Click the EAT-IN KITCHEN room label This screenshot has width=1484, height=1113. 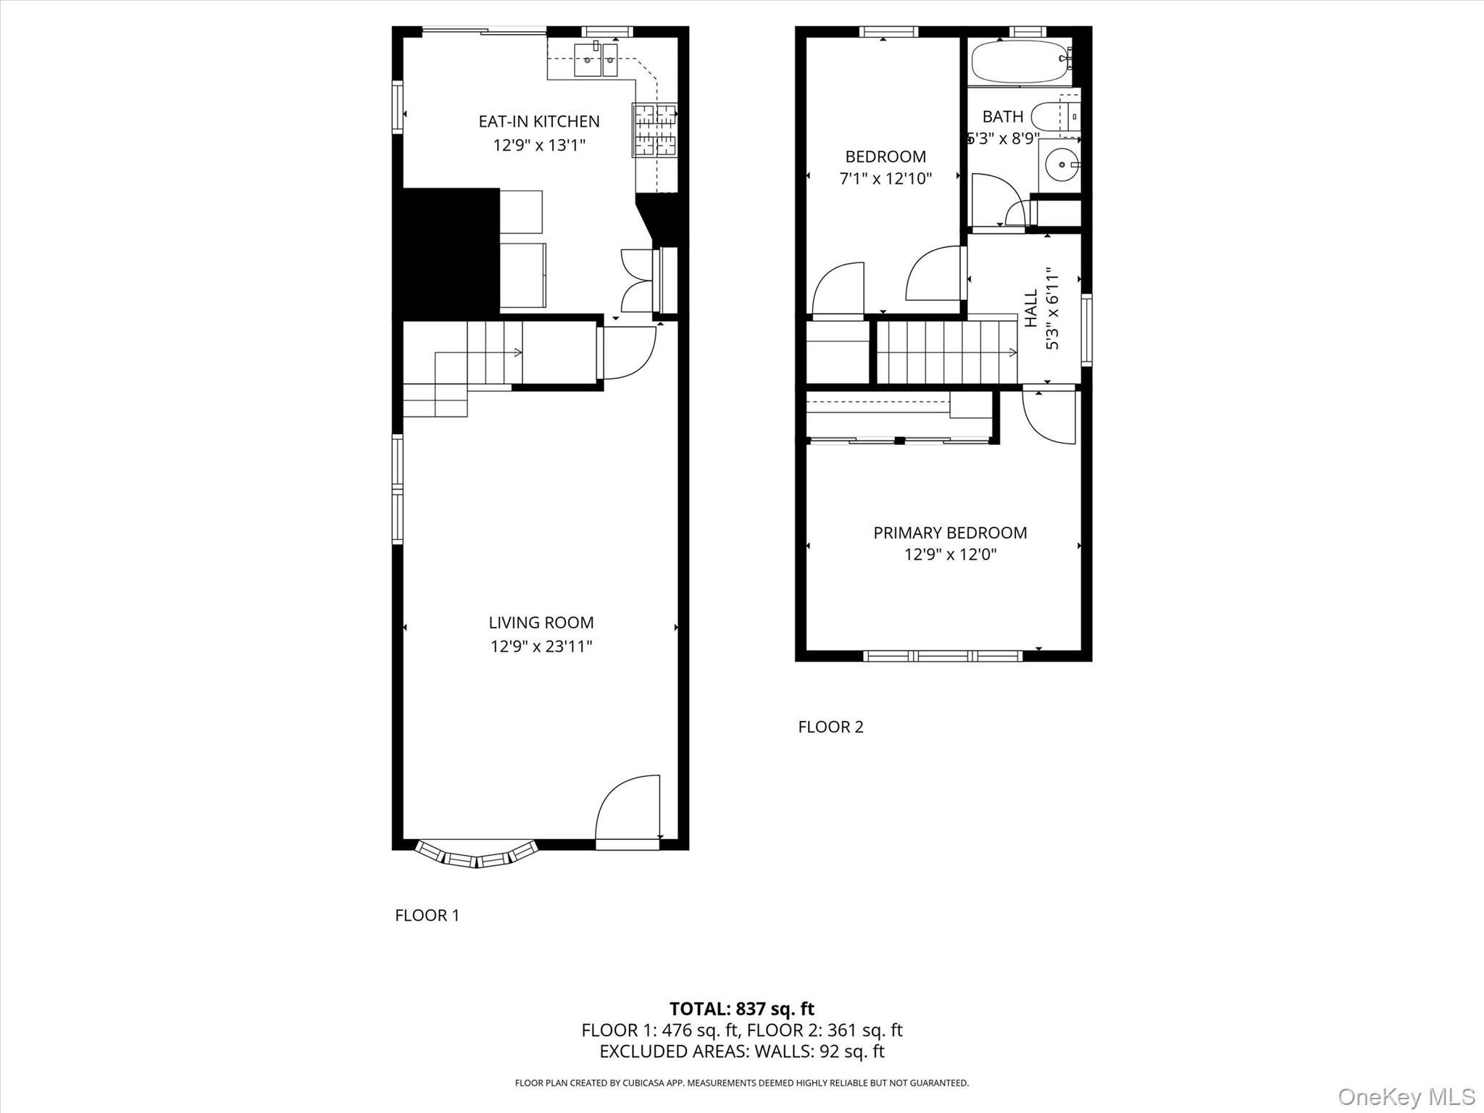[539, 121]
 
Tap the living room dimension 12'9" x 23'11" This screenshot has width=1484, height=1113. [541, 646]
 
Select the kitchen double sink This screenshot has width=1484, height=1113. [596, 59]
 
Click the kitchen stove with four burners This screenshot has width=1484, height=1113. [655, 130]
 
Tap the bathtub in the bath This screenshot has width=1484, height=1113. [1019, 62]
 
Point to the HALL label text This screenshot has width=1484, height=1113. [1031, 307]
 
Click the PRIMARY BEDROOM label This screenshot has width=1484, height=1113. [950, 533]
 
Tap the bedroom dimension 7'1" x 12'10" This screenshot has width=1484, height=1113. [885, 178]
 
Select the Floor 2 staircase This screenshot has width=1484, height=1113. [945, 352]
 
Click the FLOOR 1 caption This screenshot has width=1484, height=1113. [427, 915]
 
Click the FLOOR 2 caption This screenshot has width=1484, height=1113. [830, 727]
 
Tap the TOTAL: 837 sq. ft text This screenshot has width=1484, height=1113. [741, 1008]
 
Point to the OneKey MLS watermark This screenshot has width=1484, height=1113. [1406, 1096]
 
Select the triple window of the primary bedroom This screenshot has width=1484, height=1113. [943, 656]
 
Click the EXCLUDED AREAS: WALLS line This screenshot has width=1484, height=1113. [741, 1051]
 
